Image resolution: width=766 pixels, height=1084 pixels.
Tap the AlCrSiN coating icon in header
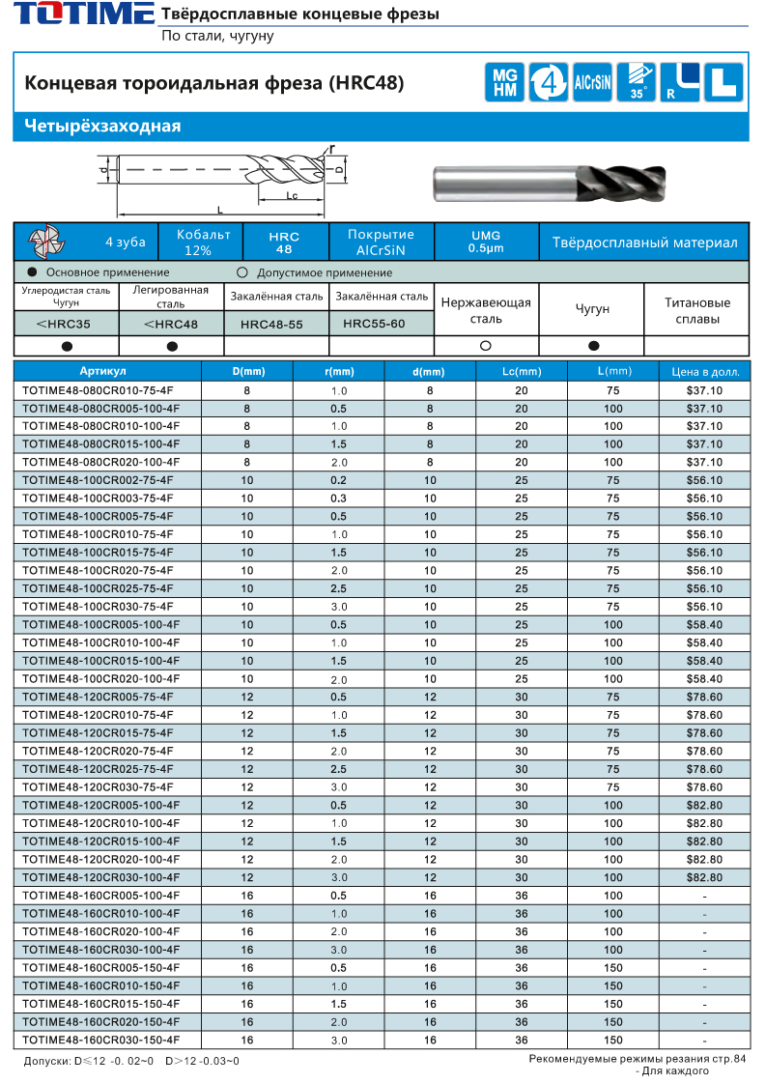coord(592,82)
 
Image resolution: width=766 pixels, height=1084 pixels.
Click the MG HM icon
coord(504,82)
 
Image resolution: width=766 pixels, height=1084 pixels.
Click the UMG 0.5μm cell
coord(485,242)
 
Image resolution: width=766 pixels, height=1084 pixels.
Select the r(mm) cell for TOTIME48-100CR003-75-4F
coord(338,499)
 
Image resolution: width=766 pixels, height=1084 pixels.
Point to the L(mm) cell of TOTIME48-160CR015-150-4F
coord(612,1004)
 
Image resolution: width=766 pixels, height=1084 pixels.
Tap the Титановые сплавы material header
coord(696,310)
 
